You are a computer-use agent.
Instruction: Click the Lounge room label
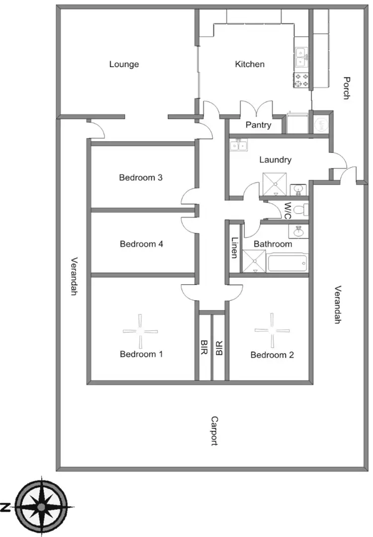click(x=124, y=64)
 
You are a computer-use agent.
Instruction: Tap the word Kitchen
click(x=250, y=64)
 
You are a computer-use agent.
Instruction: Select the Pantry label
click(x=258, y=125)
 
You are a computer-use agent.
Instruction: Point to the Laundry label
click(x=275, y=160)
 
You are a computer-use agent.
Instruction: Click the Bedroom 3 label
click(x=141, y=177)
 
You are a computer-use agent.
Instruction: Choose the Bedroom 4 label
click(x=142, y=244)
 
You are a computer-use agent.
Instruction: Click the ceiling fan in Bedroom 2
click(x=272, y=330)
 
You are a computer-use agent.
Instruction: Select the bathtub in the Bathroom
click(x=287, y=262)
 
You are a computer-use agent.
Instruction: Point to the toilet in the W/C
click(x=299, y=210)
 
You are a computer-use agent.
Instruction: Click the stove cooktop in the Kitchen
click(x=301, y=80)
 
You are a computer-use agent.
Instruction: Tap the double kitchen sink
click(x=300, y=57)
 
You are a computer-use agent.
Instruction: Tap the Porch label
click(x=347, y=88)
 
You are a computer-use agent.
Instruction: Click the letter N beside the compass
click(x=5, y=507)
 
